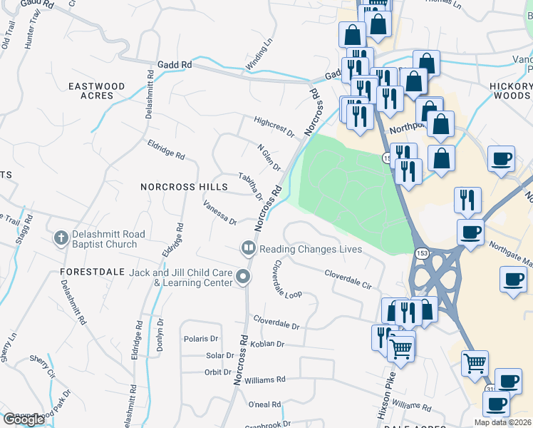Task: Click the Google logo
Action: [24, 420]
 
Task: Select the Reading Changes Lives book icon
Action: [248, 248]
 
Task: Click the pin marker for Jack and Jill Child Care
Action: [244, 277]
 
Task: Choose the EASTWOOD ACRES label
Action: [96, 91]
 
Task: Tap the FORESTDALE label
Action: [93, 272]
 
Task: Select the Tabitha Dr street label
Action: [251, 186]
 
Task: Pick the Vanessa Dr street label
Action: [219, 213]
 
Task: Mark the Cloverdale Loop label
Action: [284, 280]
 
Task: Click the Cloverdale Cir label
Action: [348, 278]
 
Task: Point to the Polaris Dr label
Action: [200, 339]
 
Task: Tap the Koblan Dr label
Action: [267, 344]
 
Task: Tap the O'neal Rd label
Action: [264, 404]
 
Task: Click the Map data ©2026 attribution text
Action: [502, 422]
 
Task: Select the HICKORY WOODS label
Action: [510, 91]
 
